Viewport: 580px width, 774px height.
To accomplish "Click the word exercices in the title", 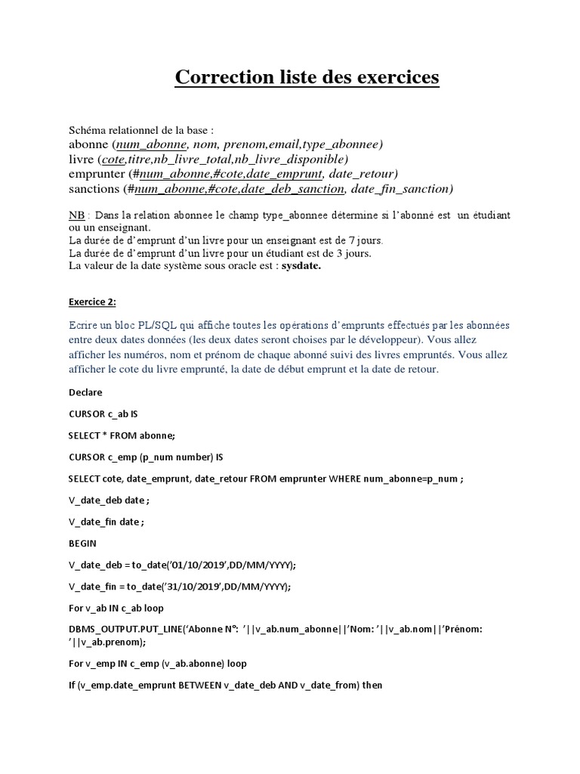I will point(391,78).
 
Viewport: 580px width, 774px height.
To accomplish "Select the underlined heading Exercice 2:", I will point(92,302).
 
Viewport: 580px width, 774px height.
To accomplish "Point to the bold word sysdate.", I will point(301,266).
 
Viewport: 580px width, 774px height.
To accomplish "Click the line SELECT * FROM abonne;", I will point(122,435).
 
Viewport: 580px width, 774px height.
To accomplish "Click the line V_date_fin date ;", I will point(105,522).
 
